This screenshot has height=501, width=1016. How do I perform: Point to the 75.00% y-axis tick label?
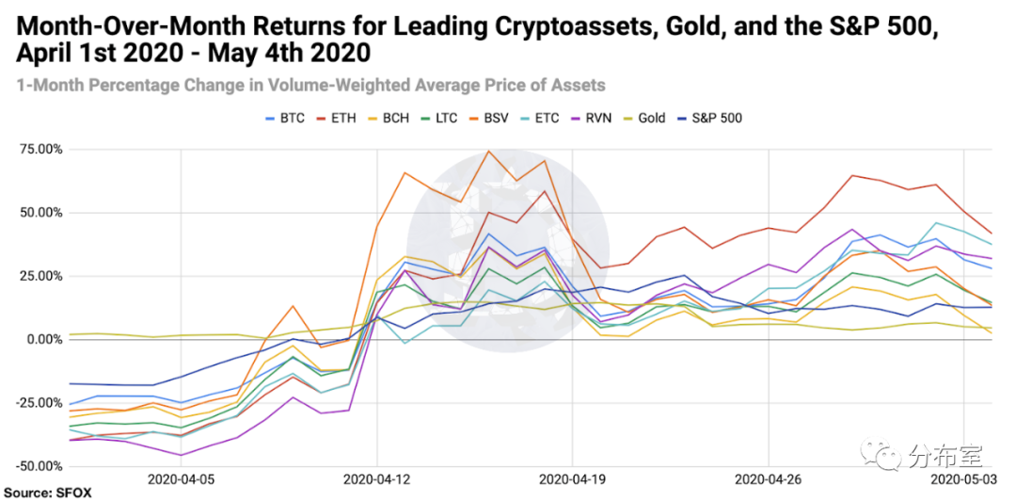point(39,150)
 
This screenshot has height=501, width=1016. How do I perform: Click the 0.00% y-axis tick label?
point(41,339)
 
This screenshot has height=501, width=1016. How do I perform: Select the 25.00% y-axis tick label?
point(39,276)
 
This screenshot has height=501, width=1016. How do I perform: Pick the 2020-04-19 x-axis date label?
point(572,480)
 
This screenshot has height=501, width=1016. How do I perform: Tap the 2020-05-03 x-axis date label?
point(964,480)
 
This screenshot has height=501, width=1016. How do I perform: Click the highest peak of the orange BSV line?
point(488,151)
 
